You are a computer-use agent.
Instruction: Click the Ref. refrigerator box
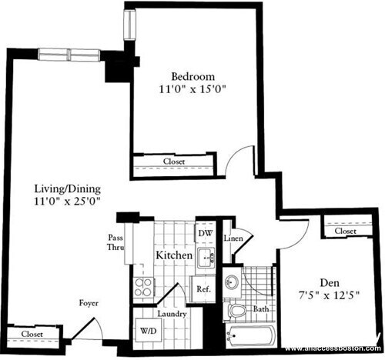click(203, 290)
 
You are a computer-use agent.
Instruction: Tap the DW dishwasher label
click(204, 232)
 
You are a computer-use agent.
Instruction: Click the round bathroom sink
click(233, 282)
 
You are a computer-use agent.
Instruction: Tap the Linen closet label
click(234, 238)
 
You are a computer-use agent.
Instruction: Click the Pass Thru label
click(115, 243)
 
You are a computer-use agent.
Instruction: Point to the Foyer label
click(89, 303)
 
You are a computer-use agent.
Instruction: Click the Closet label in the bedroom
click(174, 162)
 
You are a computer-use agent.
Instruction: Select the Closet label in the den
click(345, 231)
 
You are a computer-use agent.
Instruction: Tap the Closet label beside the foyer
click(32, 335)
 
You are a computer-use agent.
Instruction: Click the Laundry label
click(170, 313)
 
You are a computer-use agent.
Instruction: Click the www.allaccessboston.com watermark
click(333, 348)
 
